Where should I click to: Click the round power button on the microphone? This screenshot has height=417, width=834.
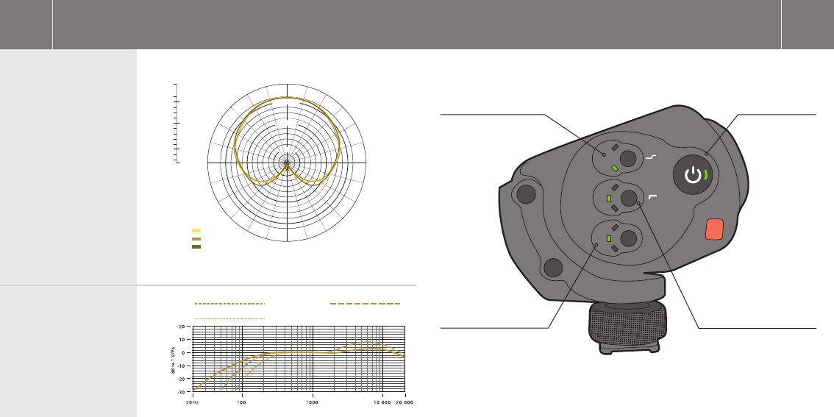click(693, 174)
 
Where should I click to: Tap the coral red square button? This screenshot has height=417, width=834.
click(714, 229)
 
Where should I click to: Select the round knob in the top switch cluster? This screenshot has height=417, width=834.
click(627, 159)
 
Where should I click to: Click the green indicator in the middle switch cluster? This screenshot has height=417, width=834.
click(609, 199)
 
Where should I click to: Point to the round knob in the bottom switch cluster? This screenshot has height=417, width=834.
click(628, 238)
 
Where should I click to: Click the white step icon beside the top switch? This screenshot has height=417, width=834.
click(651, 157)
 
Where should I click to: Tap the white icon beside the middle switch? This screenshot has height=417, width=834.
click(652, 197)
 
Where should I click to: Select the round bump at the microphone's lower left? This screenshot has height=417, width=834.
click(552, 268)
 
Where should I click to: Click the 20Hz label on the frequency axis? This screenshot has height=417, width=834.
click(192, 402)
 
